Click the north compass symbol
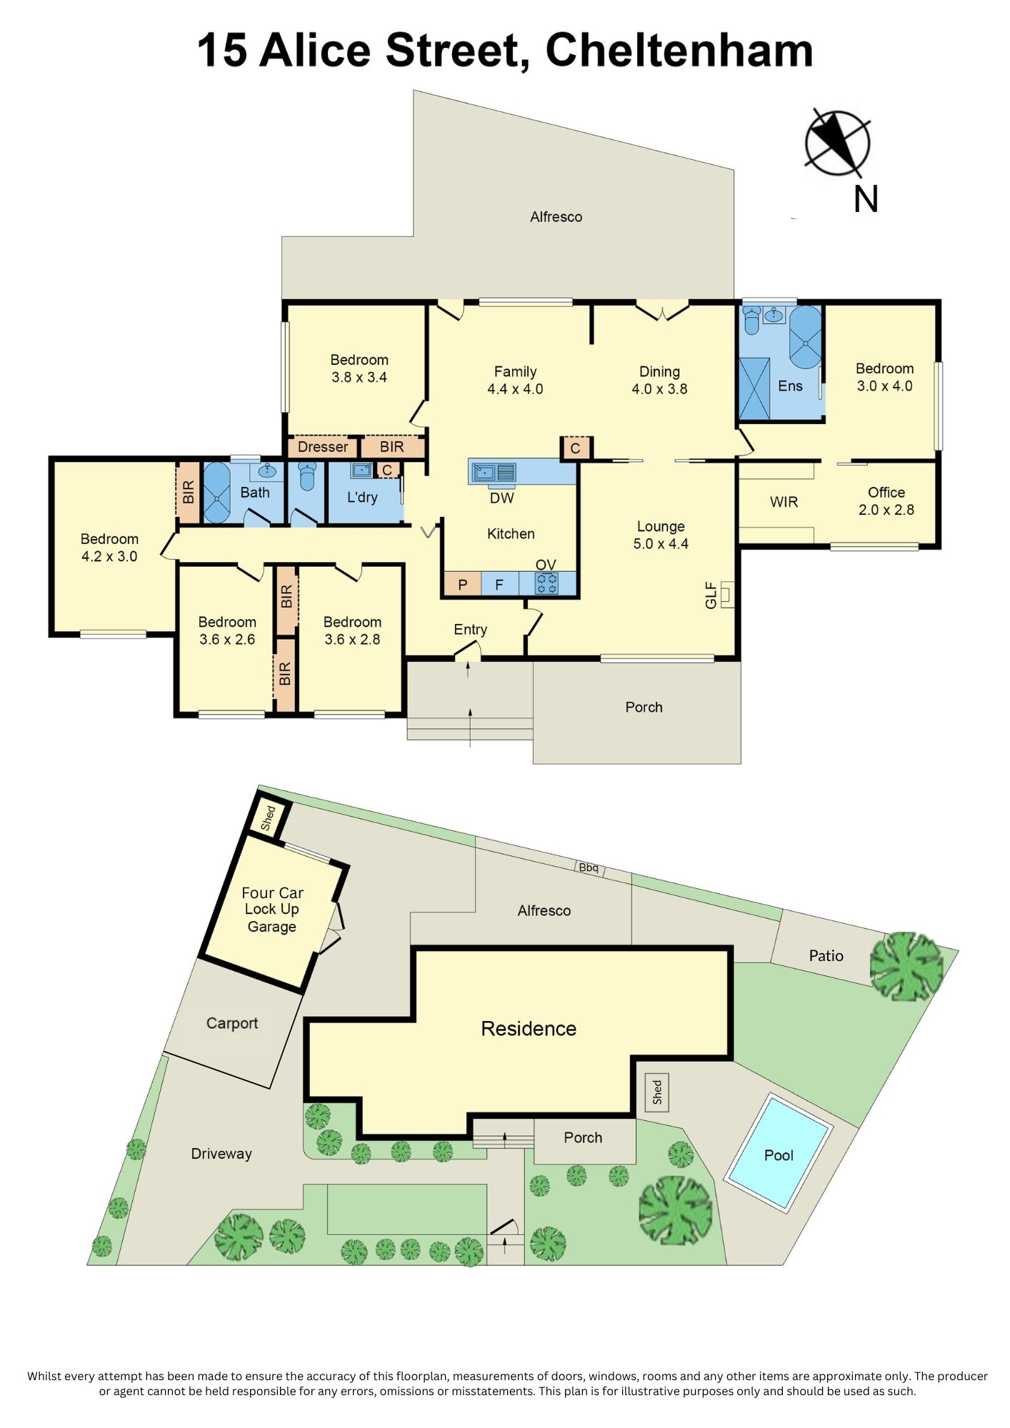837,143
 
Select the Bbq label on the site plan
589,868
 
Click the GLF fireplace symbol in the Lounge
727,594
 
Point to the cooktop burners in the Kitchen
547,584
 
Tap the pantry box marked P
463,585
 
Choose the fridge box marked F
499,585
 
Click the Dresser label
323,447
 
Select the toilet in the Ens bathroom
751,321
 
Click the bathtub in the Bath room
216,493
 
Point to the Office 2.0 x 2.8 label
886,501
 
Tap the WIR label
784,502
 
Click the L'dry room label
362,497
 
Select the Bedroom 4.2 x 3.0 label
109,548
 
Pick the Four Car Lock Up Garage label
272,910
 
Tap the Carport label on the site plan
232,1023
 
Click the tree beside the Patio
907,966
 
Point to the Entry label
470,630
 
